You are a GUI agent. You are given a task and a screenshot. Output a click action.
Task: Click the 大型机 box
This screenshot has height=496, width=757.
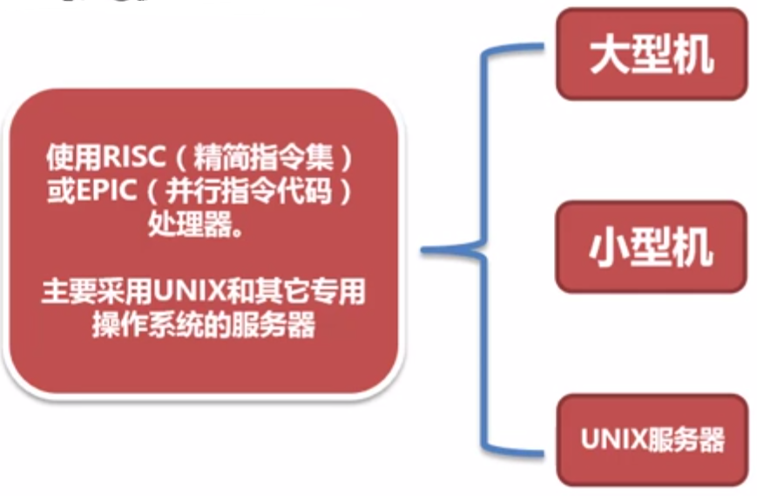[652, 54]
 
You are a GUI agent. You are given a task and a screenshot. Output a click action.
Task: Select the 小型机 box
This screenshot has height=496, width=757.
[652, 248]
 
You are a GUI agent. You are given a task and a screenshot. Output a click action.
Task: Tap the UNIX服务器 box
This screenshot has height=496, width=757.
[652, 439]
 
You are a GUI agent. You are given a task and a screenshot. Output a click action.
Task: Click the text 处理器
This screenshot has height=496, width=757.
[190, 223]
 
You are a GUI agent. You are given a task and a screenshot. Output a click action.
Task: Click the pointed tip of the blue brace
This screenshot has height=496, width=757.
[426, 251]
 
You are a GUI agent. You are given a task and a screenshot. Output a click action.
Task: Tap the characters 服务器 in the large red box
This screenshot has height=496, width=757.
[280, 323]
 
